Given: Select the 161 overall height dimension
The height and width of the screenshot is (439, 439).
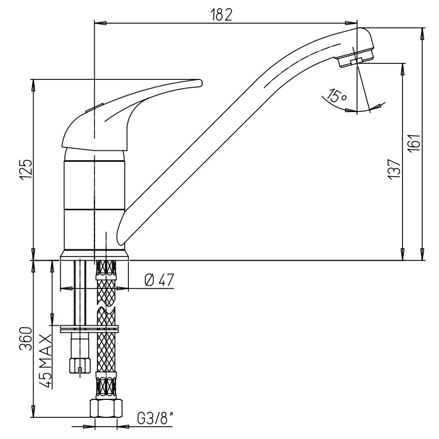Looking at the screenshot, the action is (415, 143).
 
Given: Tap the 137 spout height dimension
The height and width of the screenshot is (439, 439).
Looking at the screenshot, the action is (395, 169).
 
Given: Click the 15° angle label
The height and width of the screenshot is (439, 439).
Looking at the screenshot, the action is (337, 95).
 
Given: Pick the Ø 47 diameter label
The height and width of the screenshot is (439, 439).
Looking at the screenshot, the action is (159, 280).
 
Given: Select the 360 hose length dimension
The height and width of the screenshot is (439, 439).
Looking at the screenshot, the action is (26, 339).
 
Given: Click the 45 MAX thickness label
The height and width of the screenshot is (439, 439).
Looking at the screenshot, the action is (46, 361).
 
